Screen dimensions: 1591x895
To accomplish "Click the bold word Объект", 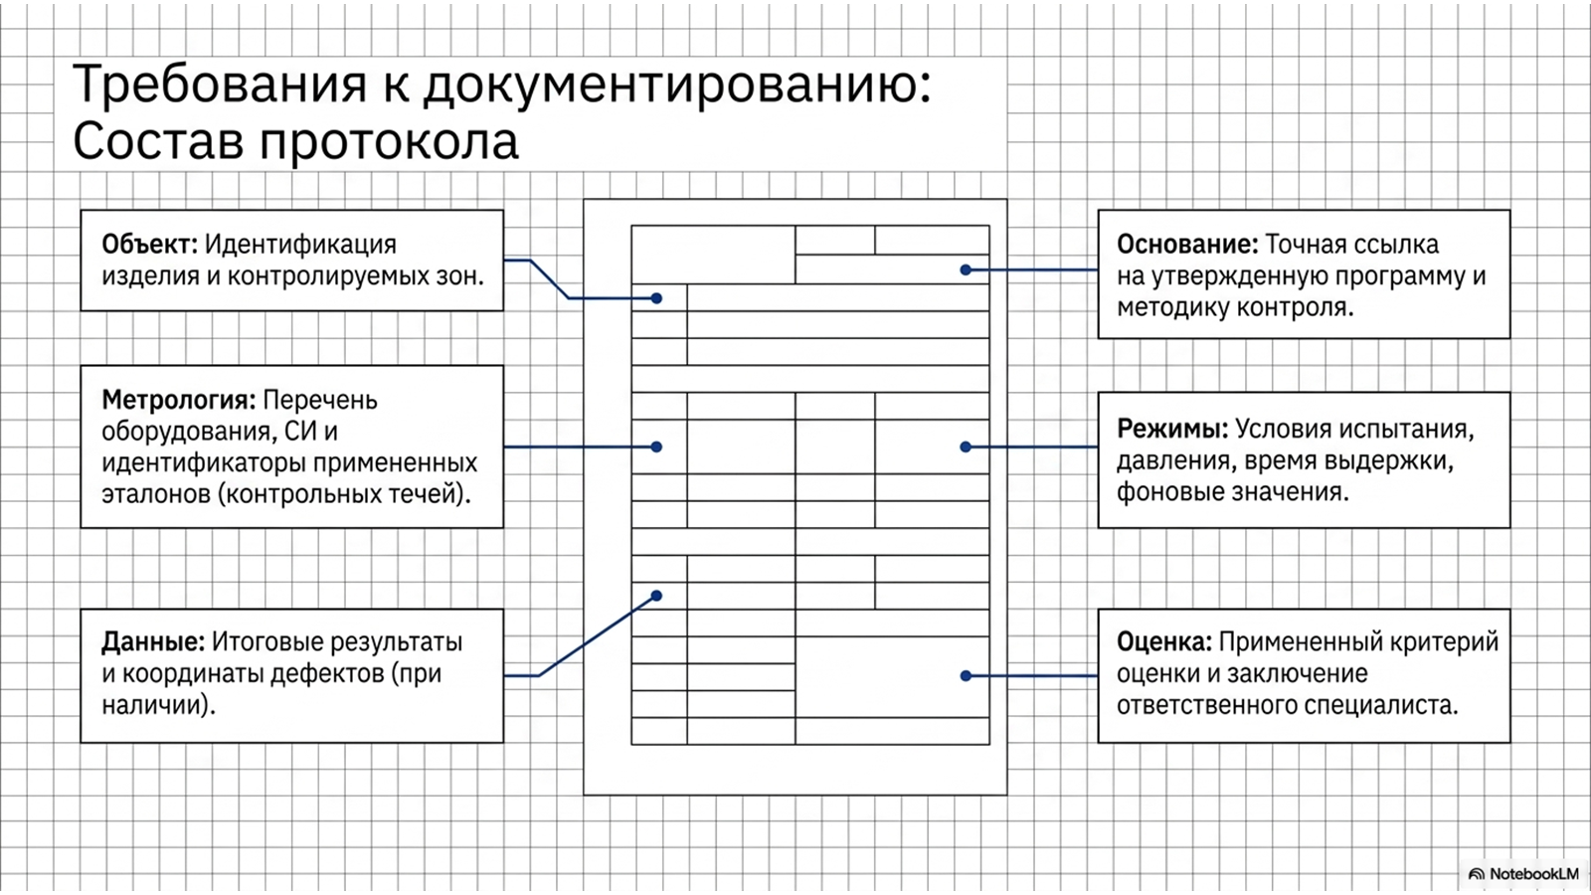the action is tap(149, 245).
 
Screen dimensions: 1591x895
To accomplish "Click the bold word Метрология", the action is tap(178, 401).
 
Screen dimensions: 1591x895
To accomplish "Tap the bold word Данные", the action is tap(153, 642).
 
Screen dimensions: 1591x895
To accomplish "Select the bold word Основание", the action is tap(1187, 245).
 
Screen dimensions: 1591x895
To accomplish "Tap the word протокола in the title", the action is tap(389, 142).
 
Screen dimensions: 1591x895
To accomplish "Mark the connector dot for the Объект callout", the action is tap(656, 298).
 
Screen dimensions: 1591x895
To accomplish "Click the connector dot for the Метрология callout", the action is tap(656, 447).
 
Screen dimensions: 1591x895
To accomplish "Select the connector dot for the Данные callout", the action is tap(656, 596).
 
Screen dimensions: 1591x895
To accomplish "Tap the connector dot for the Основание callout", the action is tap(966, 269).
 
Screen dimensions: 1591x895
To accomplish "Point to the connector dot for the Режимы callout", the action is tap(966, 447).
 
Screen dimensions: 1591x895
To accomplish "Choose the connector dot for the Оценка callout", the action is tap(966, 675).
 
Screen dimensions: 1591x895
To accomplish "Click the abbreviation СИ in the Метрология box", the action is tap(298, 432).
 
